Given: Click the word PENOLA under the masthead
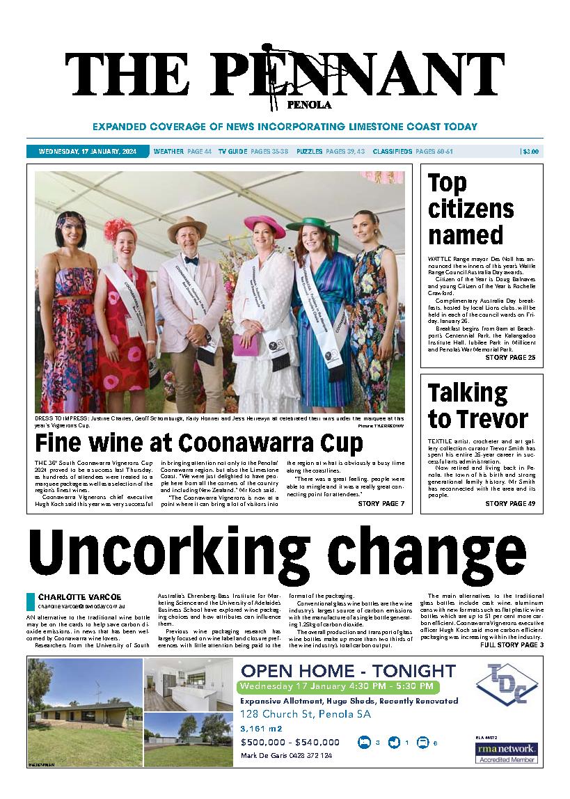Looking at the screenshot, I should [x=309, y=106].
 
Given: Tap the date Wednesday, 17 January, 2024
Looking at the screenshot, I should [x=88, y=151].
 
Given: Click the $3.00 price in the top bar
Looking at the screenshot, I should [x=530, y=151].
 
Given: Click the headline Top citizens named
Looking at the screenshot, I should [x=470, y=209].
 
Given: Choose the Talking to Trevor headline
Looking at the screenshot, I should [x=477, y=406].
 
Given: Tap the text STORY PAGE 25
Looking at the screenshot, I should [x=510, y=358].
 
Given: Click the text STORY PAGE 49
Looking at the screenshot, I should [x=510, y=503].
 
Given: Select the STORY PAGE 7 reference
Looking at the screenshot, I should [x=381, y=503].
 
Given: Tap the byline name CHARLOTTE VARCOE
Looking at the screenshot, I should [x=79, y=596].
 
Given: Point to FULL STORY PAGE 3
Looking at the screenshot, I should [x=512, y=645].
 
